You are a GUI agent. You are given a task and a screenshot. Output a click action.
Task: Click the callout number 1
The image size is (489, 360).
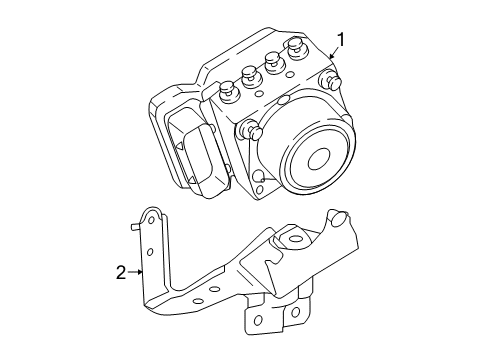(x=341, y=40)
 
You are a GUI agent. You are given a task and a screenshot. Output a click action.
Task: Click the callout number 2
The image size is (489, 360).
(x=120, y=270)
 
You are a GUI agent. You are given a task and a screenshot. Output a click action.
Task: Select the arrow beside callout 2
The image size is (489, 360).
(x=141, y=270)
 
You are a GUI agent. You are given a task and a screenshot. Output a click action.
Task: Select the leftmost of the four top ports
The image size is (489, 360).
(x=226, y=90)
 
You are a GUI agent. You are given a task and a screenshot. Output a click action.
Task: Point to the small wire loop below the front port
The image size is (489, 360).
(x=259, y=178)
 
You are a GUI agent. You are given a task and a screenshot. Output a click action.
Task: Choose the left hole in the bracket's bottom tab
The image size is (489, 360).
(x=258, y=322)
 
